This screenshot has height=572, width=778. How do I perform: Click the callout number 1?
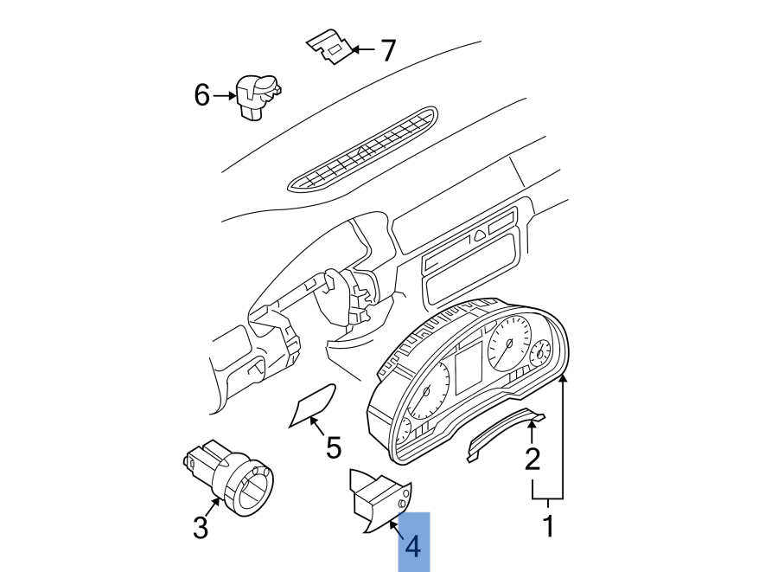click(547, 525)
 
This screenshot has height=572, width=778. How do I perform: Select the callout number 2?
click(532, 458)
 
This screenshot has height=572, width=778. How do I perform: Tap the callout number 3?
click(201, 527)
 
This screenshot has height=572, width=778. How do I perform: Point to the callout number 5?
click(333, 447)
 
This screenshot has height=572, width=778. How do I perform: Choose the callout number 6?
click(201, 95)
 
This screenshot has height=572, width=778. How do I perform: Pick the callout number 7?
click(388, 51)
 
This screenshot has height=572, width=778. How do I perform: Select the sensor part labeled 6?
click(257, 96)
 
